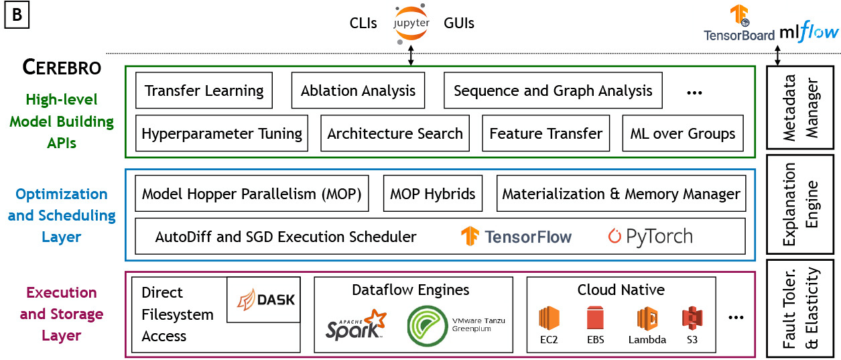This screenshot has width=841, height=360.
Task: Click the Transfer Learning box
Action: pyautogui.click(x=204, y=91)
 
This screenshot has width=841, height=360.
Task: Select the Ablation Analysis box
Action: pyautogui.click(x=358, y=91)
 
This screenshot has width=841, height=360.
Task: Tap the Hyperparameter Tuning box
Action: pyautogui.click(x=221, y=133)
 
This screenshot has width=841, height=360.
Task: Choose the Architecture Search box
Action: pyautogui.click(x=395, y=133)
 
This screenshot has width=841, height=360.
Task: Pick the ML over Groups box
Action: pyautogui.click(x=683, y=133)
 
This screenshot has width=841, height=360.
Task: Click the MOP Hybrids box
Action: pyautogui.click(x=433, y=194)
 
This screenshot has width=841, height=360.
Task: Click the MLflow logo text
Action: pyautogui.click(x=810, y=33)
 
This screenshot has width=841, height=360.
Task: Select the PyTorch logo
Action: pyautogui.click(x=650, y=236)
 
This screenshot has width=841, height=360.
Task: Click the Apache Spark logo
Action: pyautogui.click(x=356, y=324)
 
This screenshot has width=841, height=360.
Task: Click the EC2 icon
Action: pyautogui.click(x=549, y=318)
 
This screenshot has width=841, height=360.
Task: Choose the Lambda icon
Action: pyautogui.click(x=647, y=318)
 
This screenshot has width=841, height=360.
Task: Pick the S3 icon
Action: pyautogui.click(x=692, y=318)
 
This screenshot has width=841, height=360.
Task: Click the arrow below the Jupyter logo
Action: pyautogui.click(x=411, y=56)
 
